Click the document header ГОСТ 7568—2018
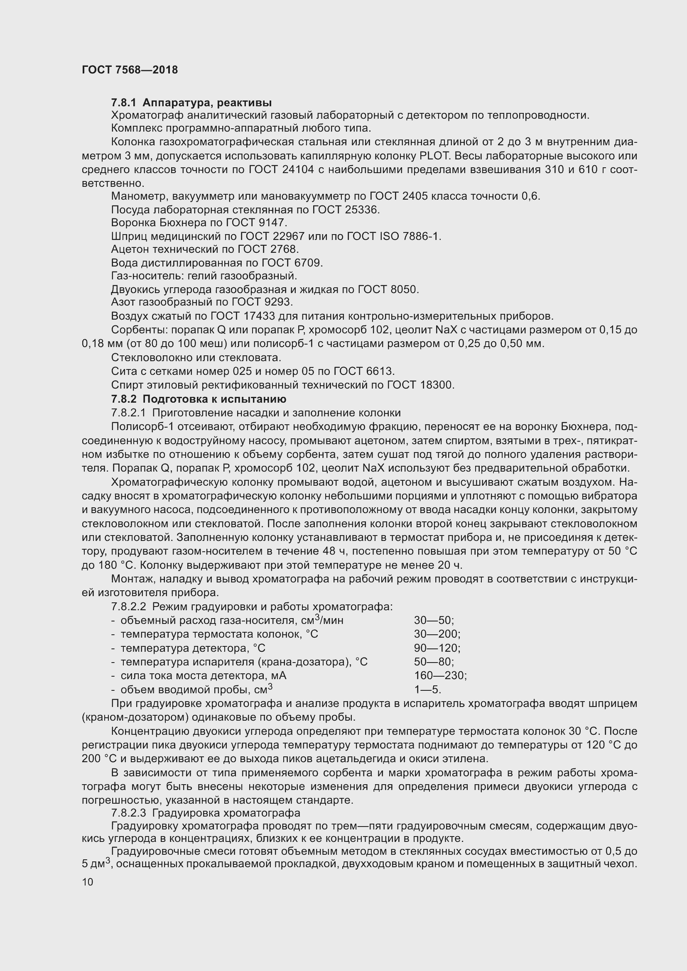[x=130, y=70]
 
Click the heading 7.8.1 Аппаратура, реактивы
[x=191, y=103]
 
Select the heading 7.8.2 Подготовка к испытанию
[x=199, y=399]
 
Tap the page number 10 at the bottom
[x=88, y=882]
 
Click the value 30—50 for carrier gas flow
[x=434, y=620]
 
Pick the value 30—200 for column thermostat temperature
[x=437, y=634]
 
